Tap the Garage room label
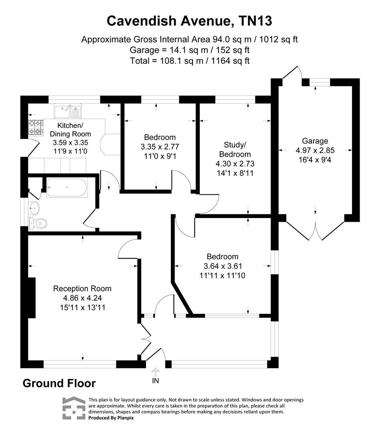pos(315,141)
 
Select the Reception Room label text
pos(82,289)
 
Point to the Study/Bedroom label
pos(235,149)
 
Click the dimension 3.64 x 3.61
pos(222,266)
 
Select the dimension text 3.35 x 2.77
pos(160,146)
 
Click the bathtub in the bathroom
pos(67,187)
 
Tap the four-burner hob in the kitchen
pos(35,127)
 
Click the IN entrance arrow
pos(156,372)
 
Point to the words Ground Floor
pos(59,383)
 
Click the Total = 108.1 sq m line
pos(190,61)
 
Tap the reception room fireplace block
pos(31,297)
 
